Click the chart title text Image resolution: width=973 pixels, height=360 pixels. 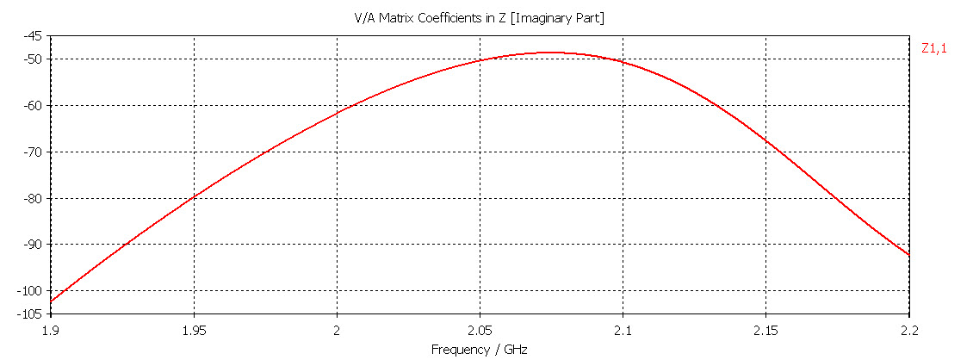pos(480,18)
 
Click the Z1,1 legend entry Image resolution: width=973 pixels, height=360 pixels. pos(934,49)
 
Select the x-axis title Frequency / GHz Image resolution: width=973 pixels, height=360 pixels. pos(479,350)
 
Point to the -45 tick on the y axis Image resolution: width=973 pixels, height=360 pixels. pos(34,36)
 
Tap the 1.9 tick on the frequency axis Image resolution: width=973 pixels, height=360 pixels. pos(51,330)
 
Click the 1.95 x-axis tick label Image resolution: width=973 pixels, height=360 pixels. pos(194,330)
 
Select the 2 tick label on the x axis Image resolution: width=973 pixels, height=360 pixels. pos(337,330)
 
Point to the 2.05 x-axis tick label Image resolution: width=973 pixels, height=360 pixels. pos(480,330)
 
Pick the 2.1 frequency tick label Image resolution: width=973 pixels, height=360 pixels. pos(623,330)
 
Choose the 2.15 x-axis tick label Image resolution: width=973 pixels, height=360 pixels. pos(766,330)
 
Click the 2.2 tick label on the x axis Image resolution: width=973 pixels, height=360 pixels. pos(909,330)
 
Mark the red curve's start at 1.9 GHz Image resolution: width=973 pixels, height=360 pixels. pos(52,301)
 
